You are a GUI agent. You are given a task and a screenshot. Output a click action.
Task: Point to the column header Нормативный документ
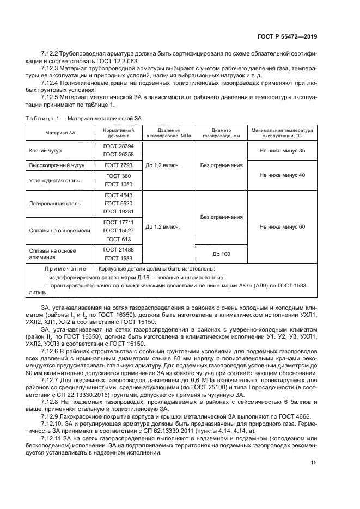[x=118, y=133]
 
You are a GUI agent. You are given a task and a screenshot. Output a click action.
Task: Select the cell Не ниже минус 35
[x=282, y=151]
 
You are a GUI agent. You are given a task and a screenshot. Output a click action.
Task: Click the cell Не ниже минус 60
[x=282, y=226]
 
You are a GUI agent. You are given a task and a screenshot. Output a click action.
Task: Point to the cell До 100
[x=221, y=254]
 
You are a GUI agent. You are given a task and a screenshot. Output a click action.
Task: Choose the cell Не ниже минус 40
[x=282, y=175]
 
